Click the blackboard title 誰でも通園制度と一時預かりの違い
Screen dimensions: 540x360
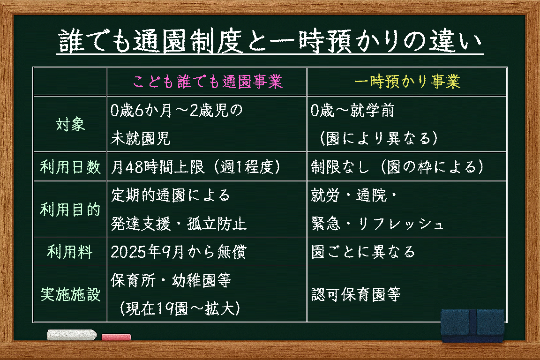coord(270,41)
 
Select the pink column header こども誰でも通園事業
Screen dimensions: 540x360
coord(208,82)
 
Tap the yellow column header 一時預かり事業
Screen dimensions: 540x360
coord(407,82)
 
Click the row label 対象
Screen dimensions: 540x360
coord(70,124)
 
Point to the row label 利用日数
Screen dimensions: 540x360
coord(70,167)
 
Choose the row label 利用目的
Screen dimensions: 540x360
coord(70,210)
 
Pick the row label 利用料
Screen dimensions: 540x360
coord(70,251)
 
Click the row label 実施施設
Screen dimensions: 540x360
coord(70,294)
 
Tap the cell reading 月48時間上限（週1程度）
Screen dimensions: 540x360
coord(196,167)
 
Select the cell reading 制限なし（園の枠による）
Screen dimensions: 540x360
coord(397,167)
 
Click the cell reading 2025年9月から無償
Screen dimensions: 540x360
coord(179,252)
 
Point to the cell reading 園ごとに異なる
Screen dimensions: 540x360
coord(363,252)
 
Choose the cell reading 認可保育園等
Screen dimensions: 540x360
coord(356,294)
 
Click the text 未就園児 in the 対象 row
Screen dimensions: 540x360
coord(141,138)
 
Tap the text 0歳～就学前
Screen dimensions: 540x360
coord(352,110)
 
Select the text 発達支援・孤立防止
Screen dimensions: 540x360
coord(179,224)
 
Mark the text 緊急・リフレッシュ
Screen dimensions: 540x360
coord(377,224)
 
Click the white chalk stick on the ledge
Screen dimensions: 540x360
coord(72,335)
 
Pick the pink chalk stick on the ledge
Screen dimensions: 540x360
coord(116,337)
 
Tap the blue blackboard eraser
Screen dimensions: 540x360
coord(472,326)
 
